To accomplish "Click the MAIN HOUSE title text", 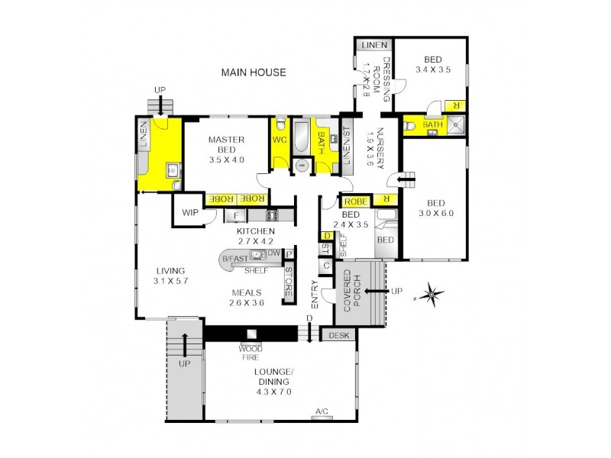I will [x=254, y=73].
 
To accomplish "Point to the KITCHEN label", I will [x=255, y=231].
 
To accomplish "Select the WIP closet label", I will [x=189, y=213].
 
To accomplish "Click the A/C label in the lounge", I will [x=322, y=413].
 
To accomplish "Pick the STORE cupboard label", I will [x=289, y=282].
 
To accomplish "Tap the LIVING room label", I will [x=169, y=271].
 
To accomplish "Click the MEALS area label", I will [x=247, y=292].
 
